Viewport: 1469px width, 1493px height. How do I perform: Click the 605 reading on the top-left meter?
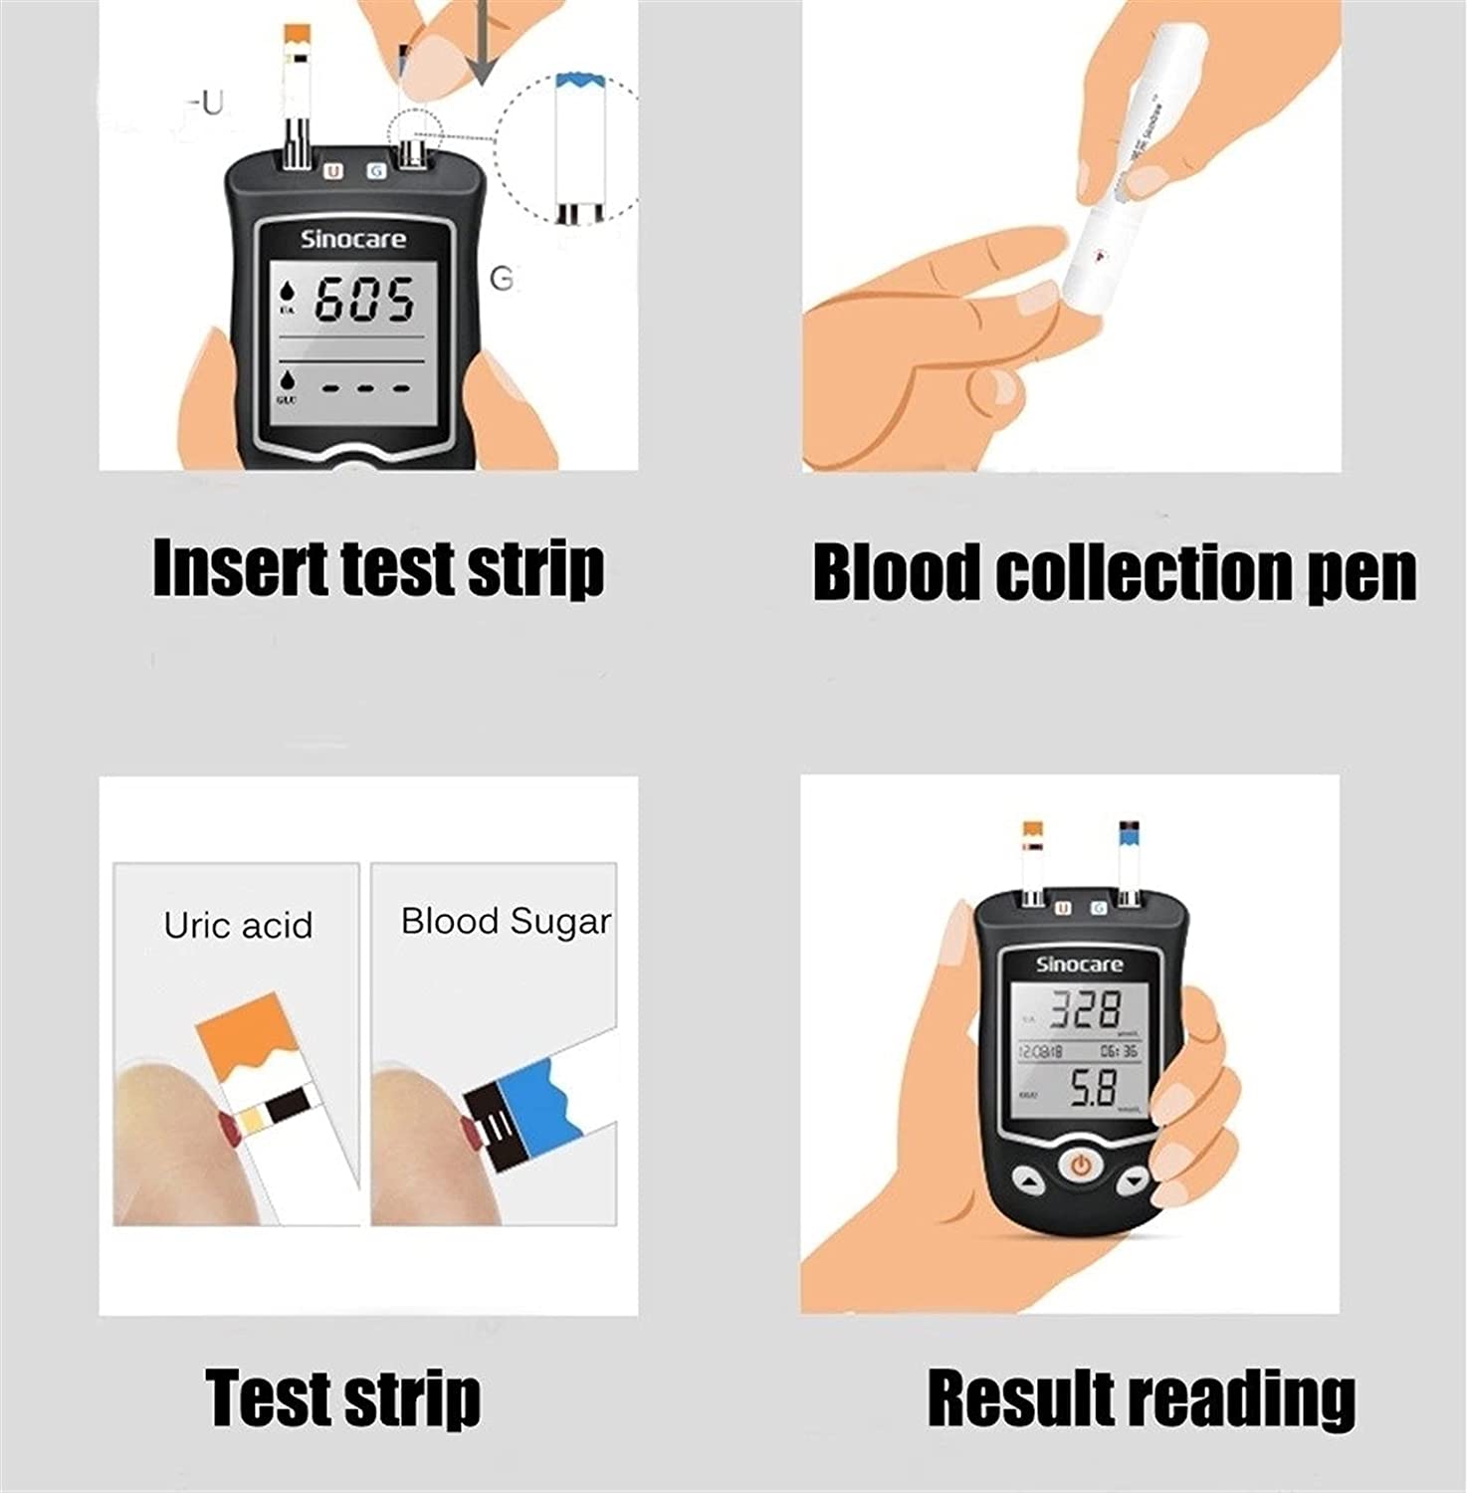click(364, 300)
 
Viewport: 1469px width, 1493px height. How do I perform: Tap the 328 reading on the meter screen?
click(1087, 1010)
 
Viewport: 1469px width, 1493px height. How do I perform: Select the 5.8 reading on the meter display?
click(1093, 1088)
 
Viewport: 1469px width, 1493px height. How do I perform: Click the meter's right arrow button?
click(1133, 1182)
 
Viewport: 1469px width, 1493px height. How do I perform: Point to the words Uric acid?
click(238, 926)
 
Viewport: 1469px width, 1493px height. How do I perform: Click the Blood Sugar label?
click(506, 922)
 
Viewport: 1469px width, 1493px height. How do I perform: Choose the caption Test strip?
click(343, 1397)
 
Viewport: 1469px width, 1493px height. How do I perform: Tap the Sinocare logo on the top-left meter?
click(353, 239)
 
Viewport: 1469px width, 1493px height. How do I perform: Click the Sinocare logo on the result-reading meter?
click(1079, 963)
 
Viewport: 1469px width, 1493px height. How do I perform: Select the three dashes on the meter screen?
click(364, 387)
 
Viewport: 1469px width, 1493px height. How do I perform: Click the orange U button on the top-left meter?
click(333, 171)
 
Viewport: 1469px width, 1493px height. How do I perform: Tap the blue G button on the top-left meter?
click(375, 171)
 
